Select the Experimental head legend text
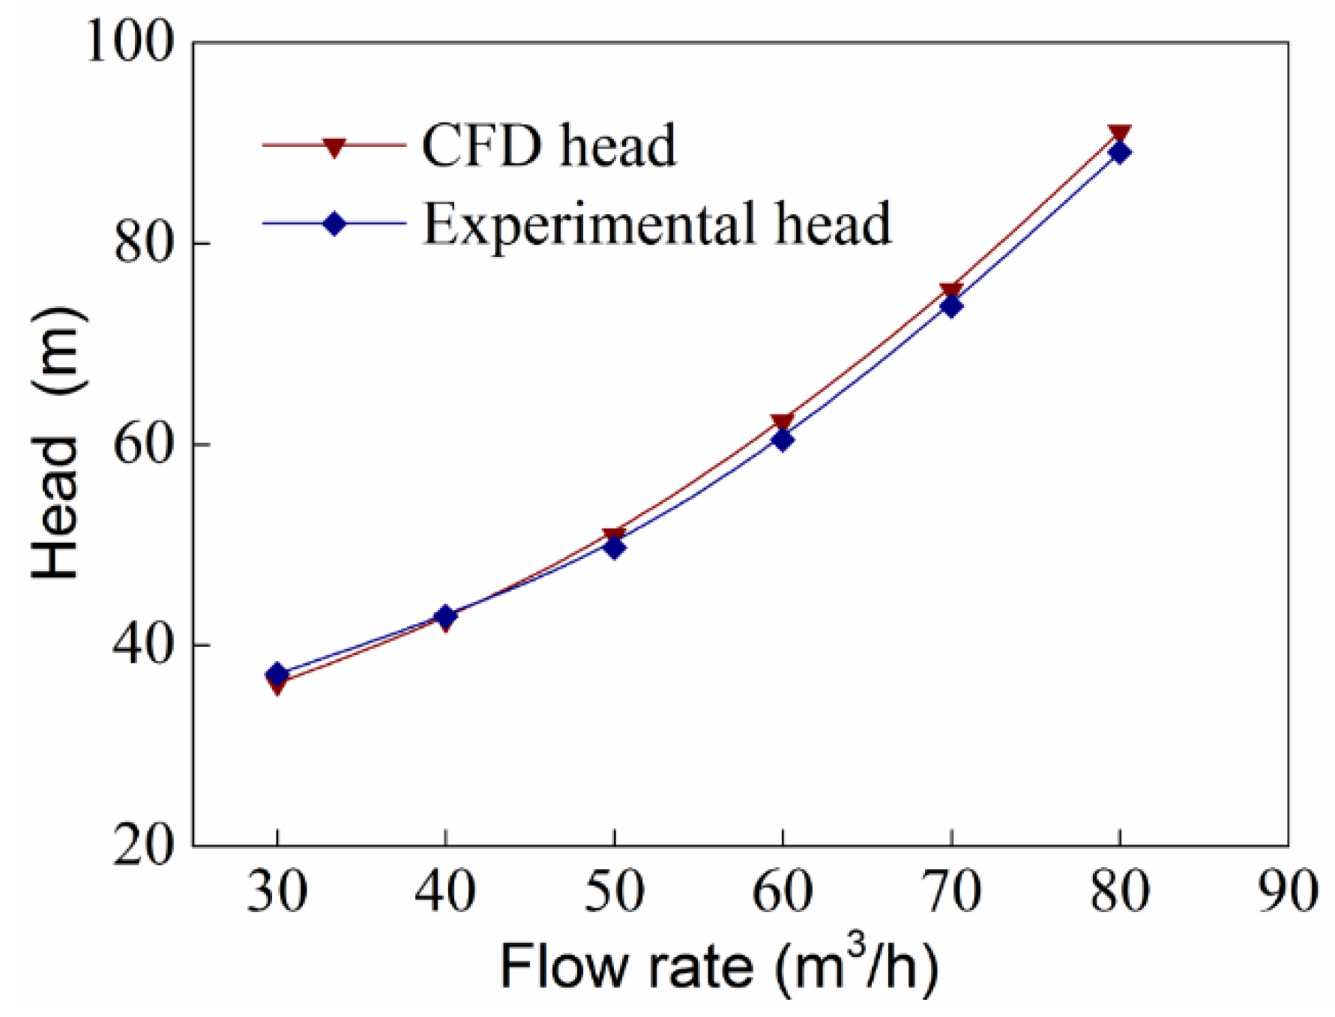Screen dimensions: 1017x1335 click(657, 223)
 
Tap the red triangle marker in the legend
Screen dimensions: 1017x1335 click(334, 146)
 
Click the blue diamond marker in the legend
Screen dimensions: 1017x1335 click(334, 223)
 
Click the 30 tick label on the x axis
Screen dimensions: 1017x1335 click(277, 892)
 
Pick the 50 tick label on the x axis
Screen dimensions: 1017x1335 click(614, 892)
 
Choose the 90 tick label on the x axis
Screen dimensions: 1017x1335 click(1287, 892)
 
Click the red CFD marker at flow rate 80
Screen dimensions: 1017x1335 click(1119, 134)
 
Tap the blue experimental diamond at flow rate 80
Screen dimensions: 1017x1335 click(1119, 153)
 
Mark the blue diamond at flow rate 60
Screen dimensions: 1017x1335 click(783, 439)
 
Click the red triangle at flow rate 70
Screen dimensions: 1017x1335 click(951, 291)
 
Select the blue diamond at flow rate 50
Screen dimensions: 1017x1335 click(614, 548)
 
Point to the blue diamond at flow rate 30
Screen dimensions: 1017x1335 click(277, 673)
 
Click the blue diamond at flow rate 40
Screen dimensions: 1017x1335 click(445, 617)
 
